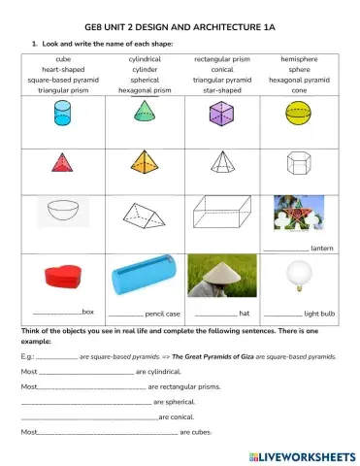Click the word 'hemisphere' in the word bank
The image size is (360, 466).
(x=299, y=59)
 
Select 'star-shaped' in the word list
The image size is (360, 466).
(x=222, y=88)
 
